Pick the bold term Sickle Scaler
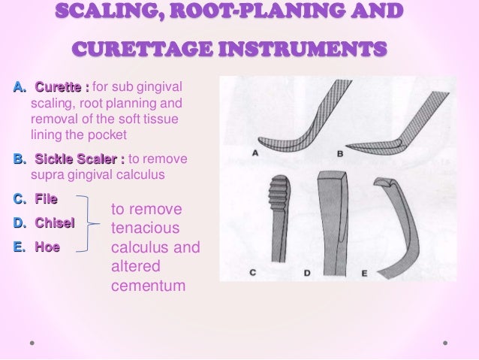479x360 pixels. (x=77, y=159)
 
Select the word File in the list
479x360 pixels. (x=46, y=199)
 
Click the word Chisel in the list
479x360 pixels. (x=54, y=223)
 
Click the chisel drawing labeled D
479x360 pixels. (x=331, y=218)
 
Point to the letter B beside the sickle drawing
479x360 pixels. (x=340, y=153)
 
